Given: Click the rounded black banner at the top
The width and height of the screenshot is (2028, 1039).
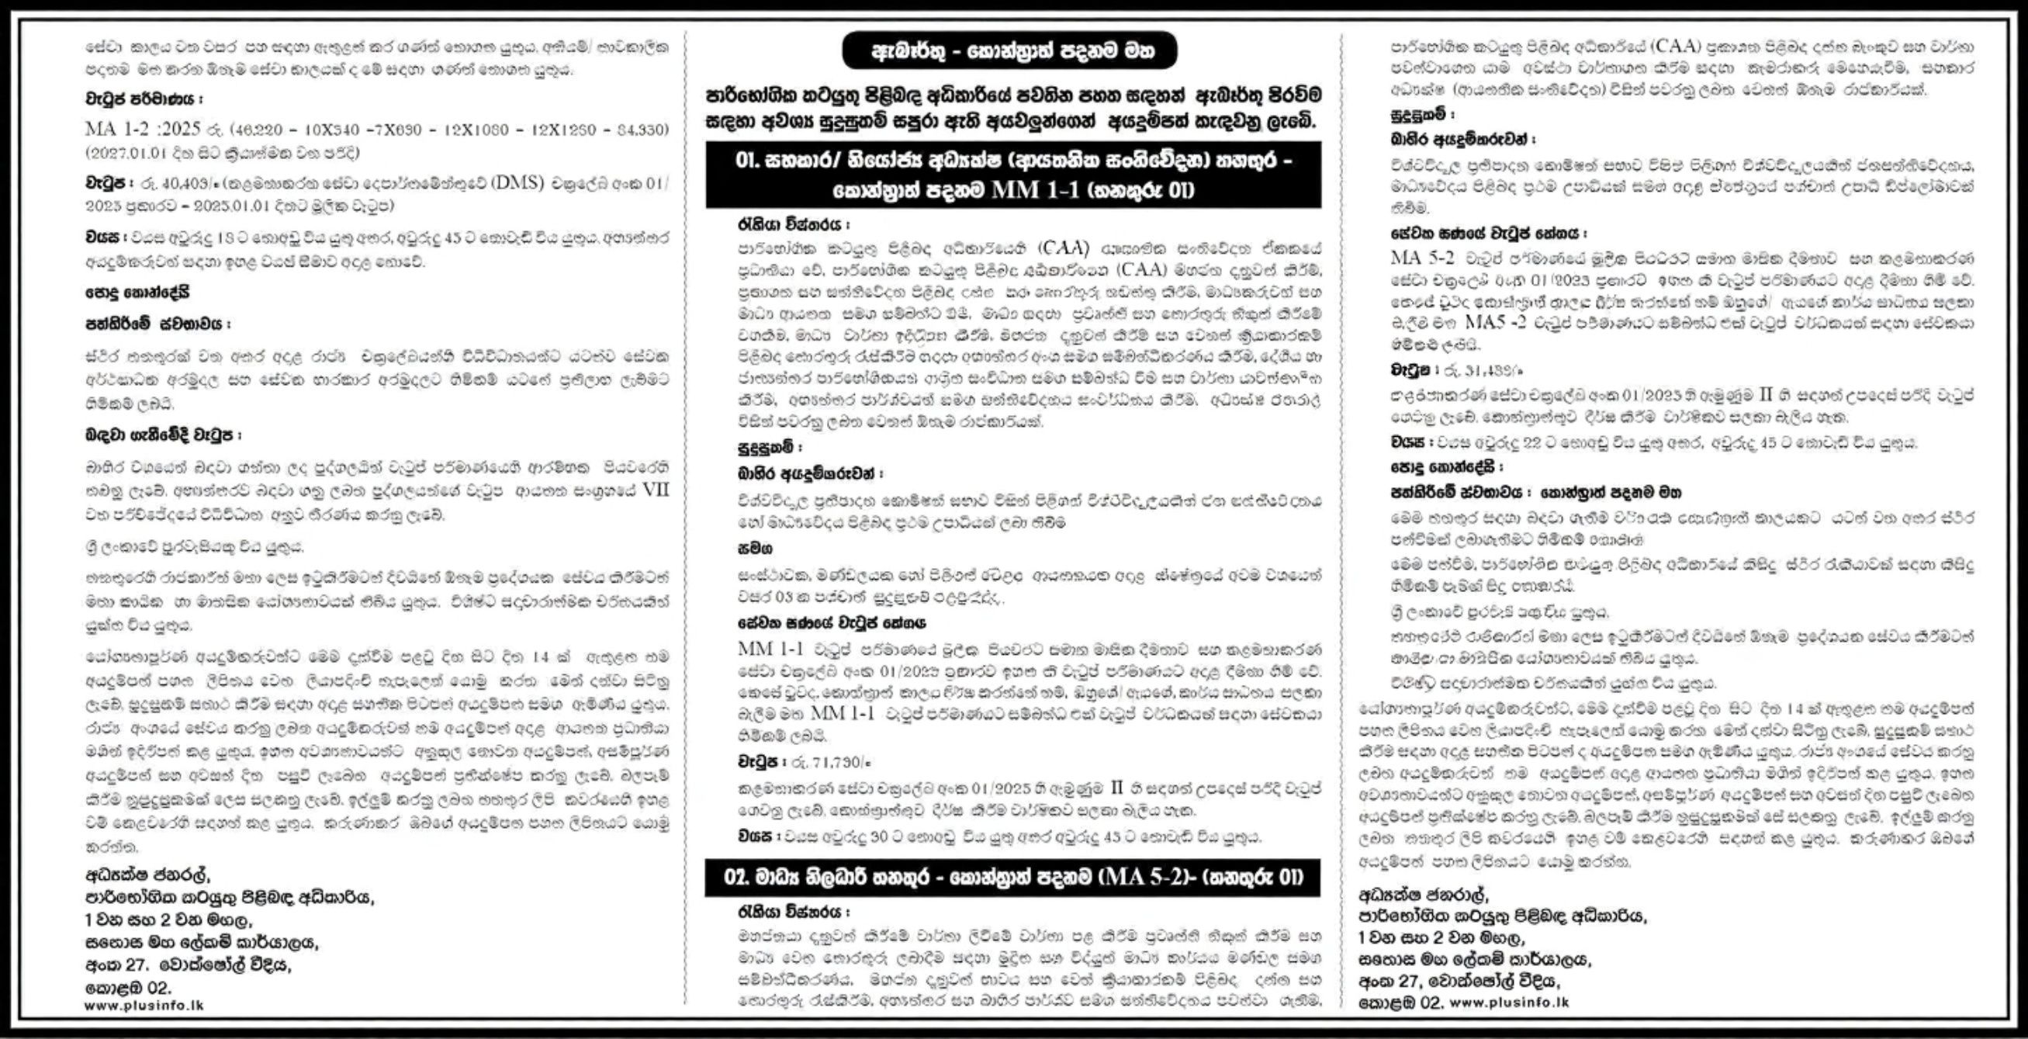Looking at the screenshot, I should pos(1009,51).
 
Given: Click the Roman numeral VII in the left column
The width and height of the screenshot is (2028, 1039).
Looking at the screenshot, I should pos(655,490).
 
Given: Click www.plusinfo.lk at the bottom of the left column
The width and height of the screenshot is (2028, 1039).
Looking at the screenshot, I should pos(144,1006).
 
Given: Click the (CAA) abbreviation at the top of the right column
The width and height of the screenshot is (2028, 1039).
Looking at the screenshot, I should pos(1679,46).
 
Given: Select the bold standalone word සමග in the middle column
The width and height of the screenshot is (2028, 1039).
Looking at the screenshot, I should pos(754,548).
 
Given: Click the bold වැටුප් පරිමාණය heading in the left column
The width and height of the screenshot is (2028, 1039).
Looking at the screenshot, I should pos(144,100).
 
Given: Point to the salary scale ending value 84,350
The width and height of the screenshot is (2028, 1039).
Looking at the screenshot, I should pos(641,129).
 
